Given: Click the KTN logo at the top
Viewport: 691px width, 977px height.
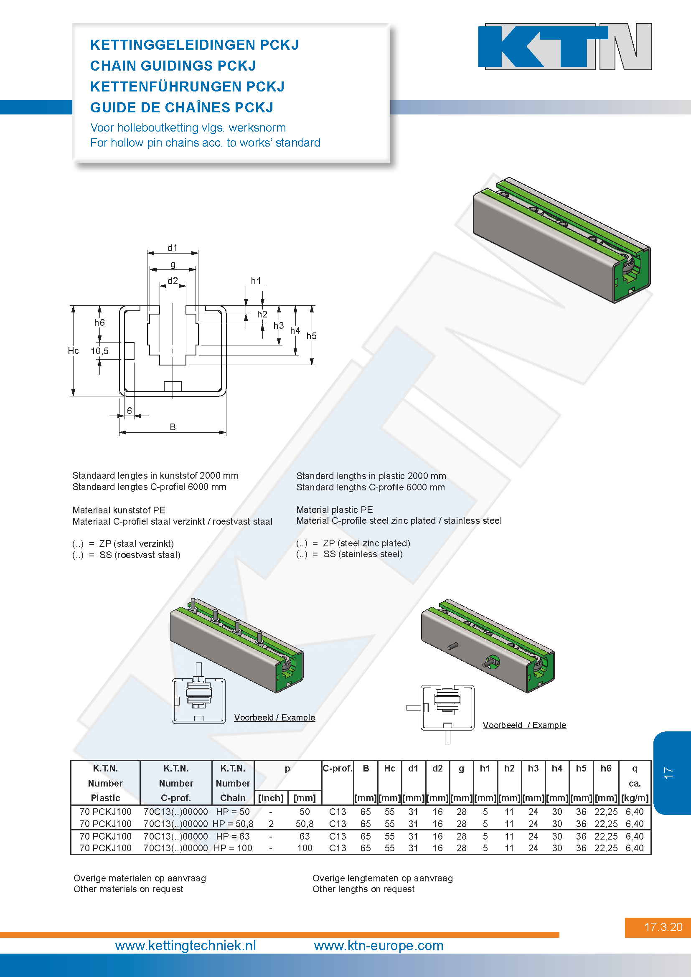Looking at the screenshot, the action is pos(565,46).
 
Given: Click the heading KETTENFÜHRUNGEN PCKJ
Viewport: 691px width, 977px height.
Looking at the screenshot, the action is pos(187,86).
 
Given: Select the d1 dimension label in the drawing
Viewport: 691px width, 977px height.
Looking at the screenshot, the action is pos(172,248).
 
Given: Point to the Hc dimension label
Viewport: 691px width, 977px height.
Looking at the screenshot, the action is pos(73,350).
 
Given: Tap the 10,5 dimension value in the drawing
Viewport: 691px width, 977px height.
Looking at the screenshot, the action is pos(99,350).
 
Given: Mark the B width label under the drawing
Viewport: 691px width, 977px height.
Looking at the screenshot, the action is pos(173,426).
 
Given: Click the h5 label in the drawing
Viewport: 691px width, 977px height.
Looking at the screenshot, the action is pos(312,336).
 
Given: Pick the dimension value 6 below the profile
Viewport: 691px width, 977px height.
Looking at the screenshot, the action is pos(130,410).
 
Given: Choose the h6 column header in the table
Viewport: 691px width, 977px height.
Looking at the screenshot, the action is pos(606,768).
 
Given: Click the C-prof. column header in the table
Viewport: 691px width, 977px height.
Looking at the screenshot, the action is pos(338,768).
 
